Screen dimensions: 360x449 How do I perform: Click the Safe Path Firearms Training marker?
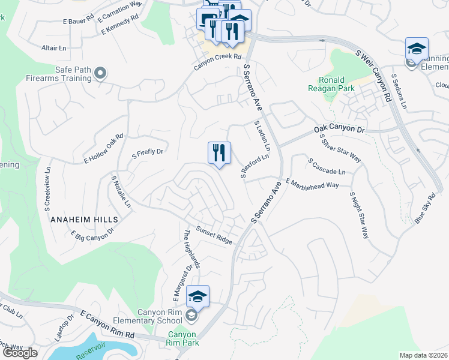click(100, 74)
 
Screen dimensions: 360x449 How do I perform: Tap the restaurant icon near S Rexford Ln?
click(219, 153)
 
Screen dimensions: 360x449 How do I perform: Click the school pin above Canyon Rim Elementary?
click(197, 296)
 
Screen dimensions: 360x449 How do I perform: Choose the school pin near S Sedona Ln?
click(417, 49)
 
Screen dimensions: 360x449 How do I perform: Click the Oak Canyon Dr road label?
click(339, 130)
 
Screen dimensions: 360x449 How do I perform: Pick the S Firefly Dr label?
click(148, 152)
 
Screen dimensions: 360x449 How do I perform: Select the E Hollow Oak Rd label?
click(103, 149)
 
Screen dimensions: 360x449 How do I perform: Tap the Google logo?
click(19, 352)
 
